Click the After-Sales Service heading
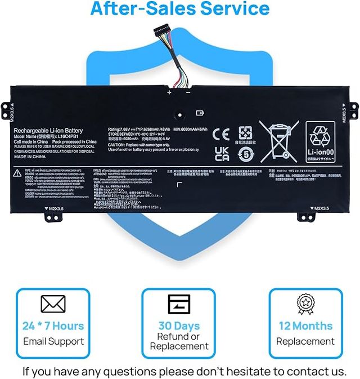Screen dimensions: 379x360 pos(179,10)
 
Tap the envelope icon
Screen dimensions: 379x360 pos(53,304)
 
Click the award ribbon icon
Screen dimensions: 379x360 pos(306,304)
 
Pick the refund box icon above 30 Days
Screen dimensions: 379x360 pos(179,304)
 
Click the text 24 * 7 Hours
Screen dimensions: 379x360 pos(53,326)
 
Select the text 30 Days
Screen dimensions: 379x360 pos(179,326)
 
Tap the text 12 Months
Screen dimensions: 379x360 pos(306,326)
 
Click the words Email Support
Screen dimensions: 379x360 pos(53,341)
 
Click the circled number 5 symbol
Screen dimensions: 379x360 pos(246,154)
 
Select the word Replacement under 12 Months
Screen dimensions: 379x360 pos(306,341)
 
